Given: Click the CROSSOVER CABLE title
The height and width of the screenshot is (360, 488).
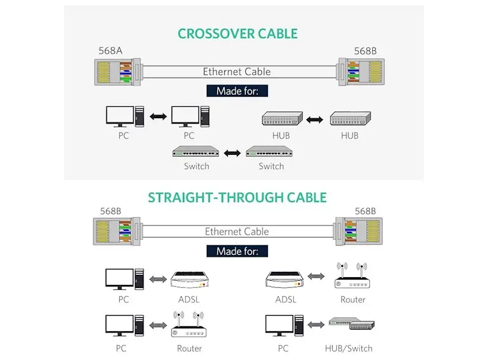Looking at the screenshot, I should click(x=237, y=34).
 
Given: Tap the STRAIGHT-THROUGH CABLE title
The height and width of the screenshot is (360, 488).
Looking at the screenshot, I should click(x=237, y=197).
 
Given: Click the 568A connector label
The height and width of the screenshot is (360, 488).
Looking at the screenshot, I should click(x=110, y=51).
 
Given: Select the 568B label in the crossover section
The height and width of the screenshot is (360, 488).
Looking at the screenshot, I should click(x=365, y=51).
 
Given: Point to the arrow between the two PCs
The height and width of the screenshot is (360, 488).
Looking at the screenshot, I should click(x=158, y=116).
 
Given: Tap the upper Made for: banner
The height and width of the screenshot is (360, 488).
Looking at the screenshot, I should click(x=237, y=91).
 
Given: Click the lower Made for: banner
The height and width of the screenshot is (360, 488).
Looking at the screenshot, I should click(x=237, y=251).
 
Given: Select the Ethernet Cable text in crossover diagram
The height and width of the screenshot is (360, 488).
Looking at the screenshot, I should click(x=237, y=72).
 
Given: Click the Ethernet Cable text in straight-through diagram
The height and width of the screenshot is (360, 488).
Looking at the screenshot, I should click(x=237, y=232).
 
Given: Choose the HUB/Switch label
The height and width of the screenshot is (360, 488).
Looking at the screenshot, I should click(x=348, y=348).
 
